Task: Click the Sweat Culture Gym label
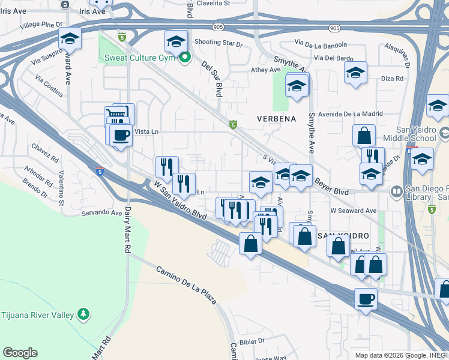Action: click(139, 58)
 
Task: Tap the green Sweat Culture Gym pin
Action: click(185, 58)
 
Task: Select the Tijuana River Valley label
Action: click(37, 314)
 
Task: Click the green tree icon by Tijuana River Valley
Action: click(83, 314)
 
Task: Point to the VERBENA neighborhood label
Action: click(277, 118)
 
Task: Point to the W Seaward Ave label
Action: click(353, 211)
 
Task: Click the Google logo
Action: click(20, 353)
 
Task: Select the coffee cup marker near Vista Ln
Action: click(121, 134)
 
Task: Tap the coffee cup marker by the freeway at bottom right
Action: click(365, 298)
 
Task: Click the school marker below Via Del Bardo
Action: click(355, 73)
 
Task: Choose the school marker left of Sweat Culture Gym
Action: click(70, 40)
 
